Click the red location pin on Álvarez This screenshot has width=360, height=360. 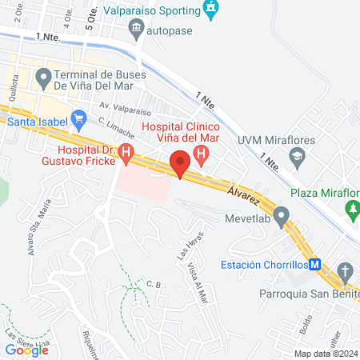[x=181, y=164]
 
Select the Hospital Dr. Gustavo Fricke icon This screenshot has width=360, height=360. [x=125, y=151]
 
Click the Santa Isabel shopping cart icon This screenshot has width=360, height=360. [x=78, y=121]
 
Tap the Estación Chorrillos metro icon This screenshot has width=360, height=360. [x=315, y=264]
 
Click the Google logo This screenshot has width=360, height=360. [x=27, y=349]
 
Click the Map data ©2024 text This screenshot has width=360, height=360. [x=325, y=353]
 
